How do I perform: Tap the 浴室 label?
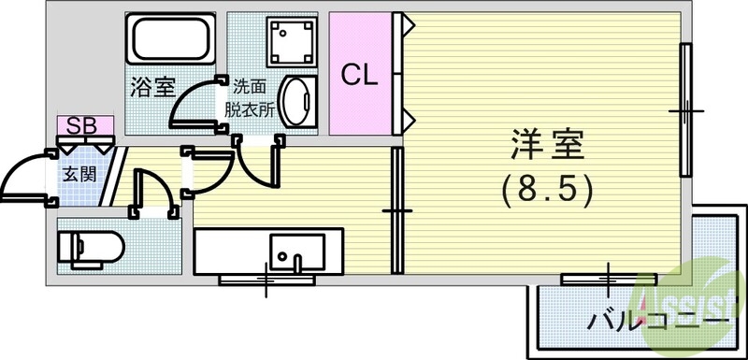coord(151,90)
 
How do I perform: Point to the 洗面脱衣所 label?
coord(250,98)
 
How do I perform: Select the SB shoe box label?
coord(84,124)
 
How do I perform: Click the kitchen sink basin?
coord(296,251)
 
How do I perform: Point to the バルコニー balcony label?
coord(658,323)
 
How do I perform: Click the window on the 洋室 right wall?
coord(686,110)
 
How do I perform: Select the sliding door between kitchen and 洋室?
coord(396,210)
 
